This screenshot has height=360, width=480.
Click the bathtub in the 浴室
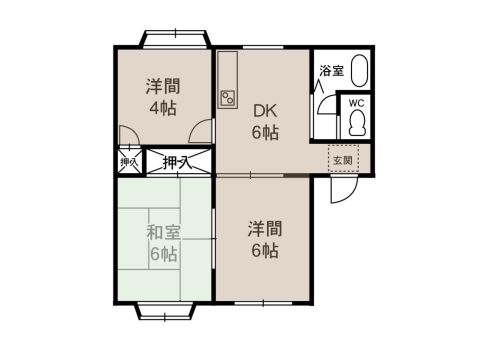(359, 70)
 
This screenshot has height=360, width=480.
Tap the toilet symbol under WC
(357, 123)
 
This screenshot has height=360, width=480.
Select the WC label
(356, 103)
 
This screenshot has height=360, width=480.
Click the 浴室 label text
(331, 70)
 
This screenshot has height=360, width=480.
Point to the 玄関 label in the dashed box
(343, 160)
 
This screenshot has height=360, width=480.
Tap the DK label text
(265, 111)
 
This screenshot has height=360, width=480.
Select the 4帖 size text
(162, 108)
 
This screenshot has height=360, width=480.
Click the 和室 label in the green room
(164, 232)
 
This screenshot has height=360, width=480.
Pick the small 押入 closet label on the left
(129, 161)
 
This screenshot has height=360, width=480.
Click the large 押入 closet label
(177, 162)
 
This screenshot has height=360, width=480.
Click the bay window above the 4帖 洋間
(175, 38)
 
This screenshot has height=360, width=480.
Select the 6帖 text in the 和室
(163, 254)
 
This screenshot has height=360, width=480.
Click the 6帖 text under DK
(265, 133)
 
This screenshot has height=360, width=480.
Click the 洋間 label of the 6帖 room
(265, 228)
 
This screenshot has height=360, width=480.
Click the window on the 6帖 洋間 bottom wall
(263, 303)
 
